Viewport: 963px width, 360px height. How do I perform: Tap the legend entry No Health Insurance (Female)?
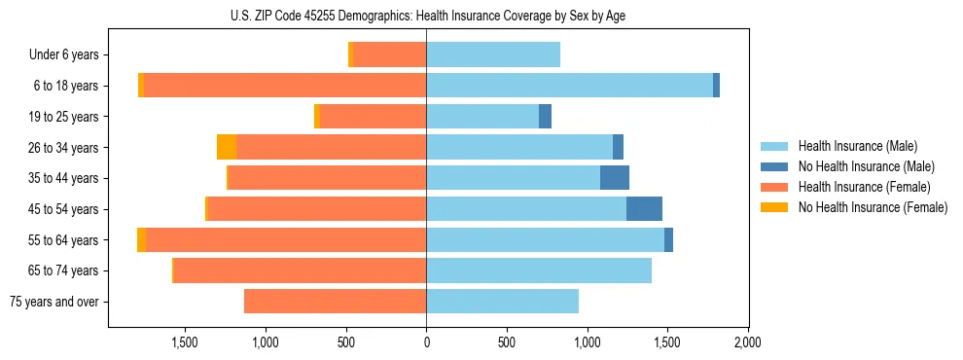pyautogui.click(x=873, y=207)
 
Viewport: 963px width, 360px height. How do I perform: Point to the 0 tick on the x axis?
pyautogui.click(x=426, y=342)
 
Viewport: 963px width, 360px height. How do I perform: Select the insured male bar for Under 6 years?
pyautogui.click(x=493, y=55)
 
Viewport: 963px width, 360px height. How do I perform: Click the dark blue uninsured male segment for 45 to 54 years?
pyautogui.click(x=644, y=209)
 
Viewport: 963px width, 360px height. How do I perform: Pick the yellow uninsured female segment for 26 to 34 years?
pyautogui.click(x=227, y=148)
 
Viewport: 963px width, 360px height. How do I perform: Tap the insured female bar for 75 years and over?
pyautogui.click(x=335, y=302)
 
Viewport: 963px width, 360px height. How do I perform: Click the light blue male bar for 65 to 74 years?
pyautogui.click(x=539, y=270)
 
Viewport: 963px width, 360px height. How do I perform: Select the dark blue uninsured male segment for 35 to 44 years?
pyautogui.click(x=615, y=178)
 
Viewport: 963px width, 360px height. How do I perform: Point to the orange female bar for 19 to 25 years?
pyautogui.click(x=373, y=117)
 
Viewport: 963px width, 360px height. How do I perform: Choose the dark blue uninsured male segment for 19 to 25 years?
pyautogui.click(x=545, y=117)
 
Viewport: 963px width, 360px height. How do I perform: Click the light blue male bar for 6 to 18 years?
pyautogui.click(x=569, y=86)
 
